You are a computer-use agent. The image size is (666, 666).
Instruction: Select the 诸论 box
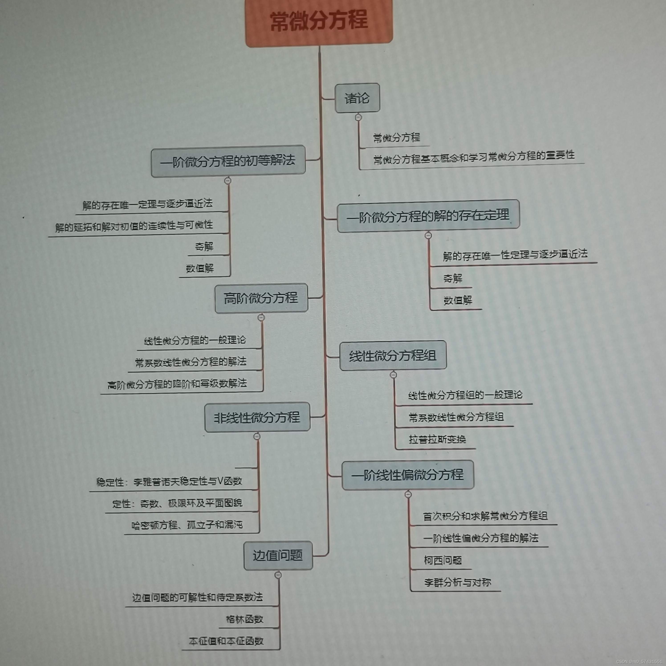pos(357,98)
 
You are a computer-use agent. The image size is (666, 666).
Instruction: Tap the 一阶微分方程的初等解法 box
pos(228,161)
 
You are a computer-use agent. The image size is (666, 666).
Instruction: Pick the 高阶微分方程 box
pos(261,298)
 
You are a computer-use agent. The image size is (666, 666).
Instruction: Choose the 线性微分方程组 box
pos(393,355)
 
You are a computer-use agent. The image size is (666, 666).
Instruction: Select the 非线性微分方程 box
pos(257,417)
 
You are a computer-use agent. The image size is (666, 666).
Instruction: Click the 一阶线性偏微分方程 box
pos(408,475)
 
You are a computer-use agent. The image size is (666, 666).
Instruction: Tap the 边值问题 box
pos(278,555)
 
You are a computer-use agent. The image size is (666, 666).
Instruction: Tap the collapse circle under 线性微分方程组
pos(393,375)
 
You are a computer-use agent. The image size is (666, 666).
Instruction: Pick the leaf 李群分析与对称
pos(457,583)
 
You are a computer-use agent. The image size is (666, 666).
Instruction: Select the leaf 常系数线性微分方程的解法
pos(191,362)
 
